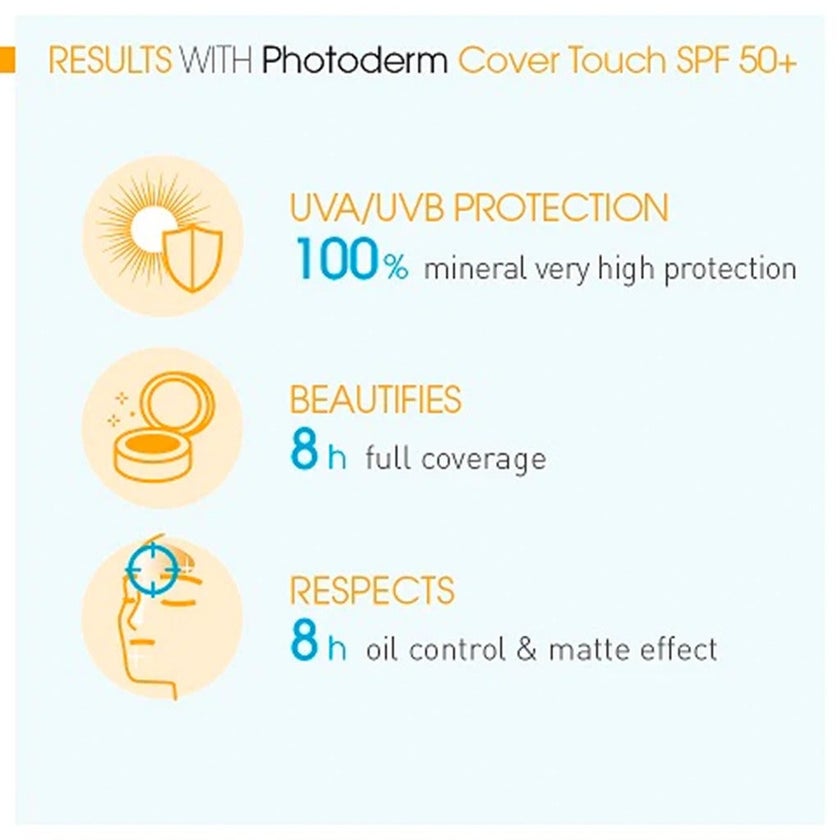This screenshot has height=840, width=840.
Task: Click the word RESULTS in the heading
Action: click(110, 62)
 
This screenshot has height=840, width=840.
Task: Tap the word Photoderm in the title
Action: click(354, 62)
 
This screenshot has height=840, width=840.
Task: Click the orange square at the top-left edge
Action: click(7, 60)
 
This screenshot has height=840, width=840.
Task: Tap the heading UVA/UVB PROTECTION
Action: click(478, 209)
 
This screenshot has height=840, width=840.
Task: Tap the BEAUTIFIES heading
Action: click(375, 400)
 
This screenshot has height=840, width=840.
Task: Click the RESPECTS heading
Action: click(371, 590)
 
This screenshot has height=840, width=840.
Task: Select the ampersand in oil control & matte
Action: click(527, 649)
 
